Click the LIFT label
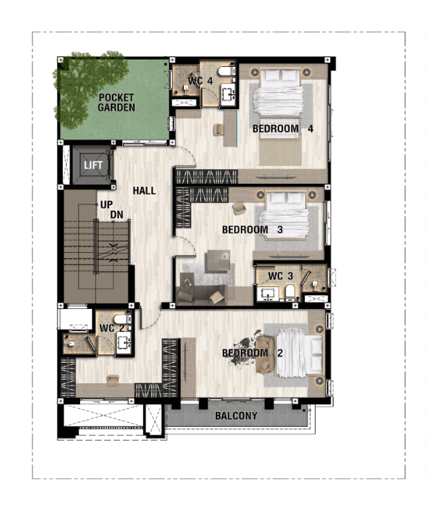pos(93,165)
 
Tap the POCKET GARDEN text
pos(116,103)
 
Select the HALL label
pos(144,191)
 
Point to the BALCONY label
pos(236,415)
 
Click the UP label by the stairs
pos(107,205)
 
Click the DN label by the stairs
pos(116,214)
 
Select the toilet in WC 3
pos(290,292)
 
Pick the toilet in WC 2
pos(122,319)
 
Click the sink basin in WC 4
pos(228,94)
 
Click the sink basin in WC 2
pos(124,343)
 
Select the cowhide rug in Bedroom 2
pos(247,349)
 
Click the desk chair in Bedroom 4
pos(218,130)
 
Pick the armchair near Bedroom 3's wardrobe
pos(239,208)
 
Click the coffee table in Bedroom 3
pos(218,261)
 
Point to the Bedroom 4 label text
pos(282,128)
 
